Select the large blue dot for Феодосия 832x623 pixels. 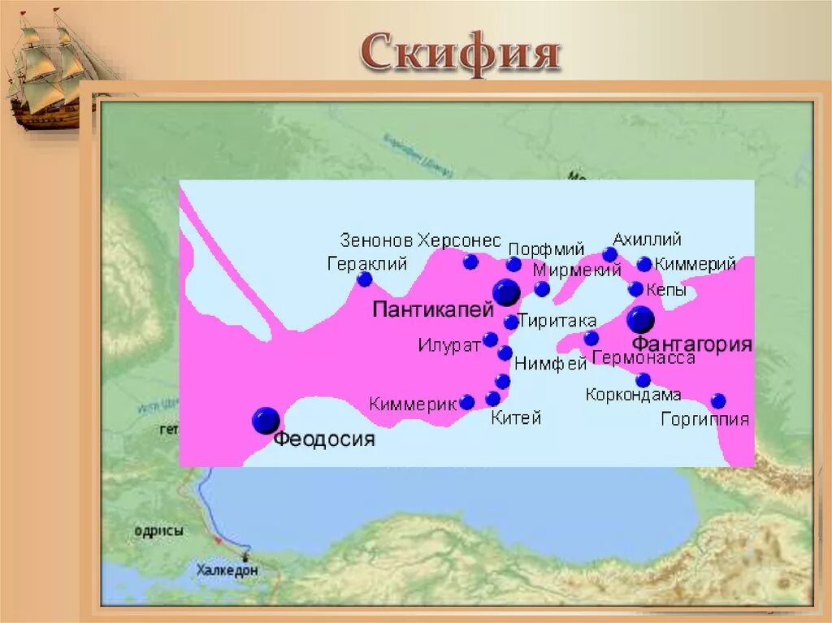(266, 421)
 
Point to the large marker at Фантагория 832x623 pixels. (640, 319)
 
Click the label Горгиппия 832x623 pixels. (704, 420)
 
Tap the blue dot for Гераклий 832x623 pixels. (365, 279)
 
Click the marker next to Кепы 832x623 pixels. (635, 289)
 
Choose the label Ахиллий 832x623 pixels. (647, 240)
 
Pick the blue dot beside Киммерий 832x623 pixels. (644, 264)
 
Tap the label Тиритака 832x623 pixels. (557, 321)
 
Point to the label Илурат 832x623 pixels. (449, 344)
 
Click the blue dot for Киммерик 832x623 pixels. (467, 402)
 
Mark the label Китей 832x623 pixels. (516, 418)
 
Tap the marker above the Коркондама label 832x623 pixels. (643, 379)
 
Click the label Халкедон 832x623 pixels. (227, 570)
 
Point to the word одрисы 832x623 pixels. (158, 531)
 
